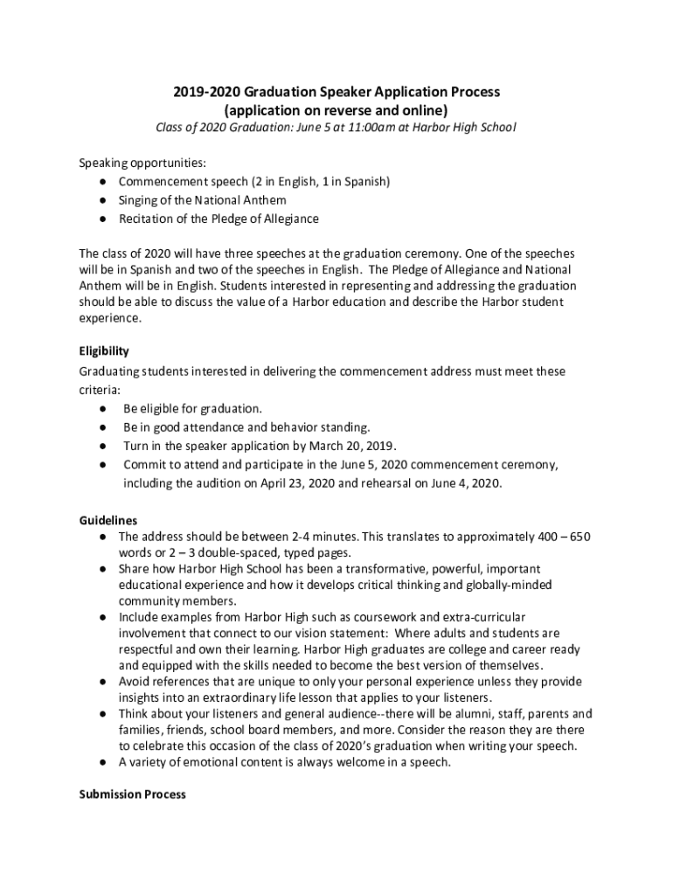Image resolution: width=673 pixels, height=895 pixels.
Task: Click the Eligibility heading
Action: (104, 351)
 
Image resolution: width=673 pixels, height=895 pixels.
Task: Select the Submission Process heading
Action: (132, 794)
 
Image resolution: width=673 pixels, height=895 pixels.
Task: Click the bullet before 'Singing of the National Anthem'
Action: (103, 200)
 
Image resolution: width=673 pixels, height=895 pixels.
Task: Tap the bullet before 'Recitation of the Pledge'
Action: (103, 219)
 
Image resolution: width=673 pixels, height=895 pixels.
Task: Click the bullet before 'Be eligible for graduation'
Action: (103, 408)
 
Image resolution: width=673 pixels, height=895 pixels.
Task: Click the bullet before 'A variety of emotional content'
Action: (103, 762)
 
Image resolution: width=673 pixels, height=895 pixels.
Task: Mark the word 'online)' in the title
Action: (424, 110)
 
